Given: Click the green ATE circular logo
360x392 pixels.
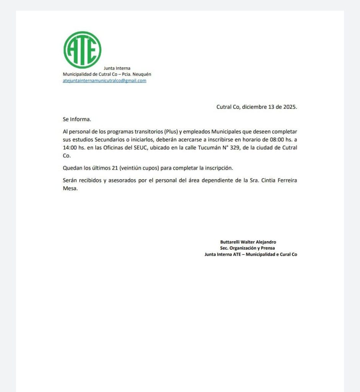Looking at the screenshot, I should click(x=82, y=50).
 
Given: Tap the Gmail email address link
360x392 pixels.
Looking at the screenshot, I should click(x=104, y=81).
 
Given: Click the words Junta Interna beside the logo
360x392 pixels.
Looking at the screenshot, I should click(x=117, y=68).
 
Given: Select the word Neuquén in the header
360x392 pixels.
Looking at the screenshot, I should click(x=142, y=74).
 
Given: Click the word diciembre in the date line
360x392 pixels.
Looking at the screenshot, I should click(x=255, y=107).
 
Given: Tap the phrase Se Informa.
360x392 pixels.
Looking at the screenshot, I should click(x=77, y=119).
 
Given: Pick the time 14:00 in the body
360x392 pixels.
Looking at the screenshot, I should click(x=70, y=148).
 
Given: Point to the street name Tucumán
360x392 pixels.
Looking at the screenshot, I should click(x=211, y=148).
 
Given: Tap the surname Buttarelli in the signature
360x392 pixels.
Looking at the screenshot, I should click(x=230, y=242).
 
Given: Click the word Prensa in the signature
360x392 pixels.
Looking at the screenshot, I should click(x=267, y=248).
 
